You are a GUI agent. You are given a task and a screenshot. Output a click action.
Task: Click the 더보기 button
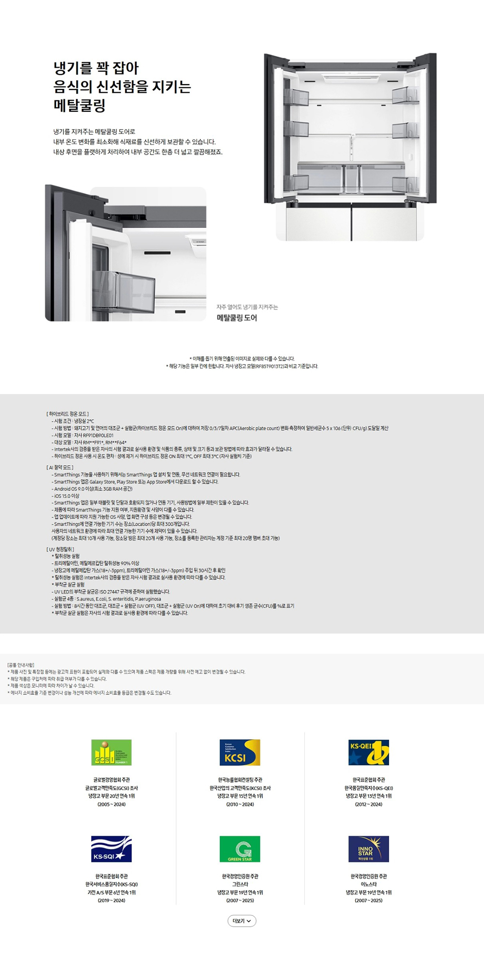coord(242,921)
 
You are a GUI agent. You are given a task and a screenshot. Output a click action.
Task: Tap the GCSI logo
coord(111,752)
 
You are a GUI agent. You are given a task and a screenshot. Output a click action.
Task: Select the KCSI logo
coord(240,752)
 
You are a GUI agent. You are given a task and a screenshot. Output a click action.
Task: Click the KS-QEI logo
coord(369,752)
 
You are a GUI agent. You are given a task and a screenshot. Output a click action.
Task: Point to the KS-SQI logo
coord(111,849)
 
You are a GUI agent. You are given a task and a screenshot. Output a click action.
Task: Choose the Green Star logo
coord(240,849)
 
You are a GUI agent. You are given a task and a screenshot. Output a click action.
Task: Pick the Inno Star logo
coord(369,849)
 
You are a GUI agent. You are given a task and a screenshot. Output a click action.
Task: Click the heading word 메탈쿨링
coord(79,105)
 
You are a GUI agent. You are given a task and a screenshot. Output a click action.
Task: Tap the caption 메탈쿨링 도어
coord(237,318)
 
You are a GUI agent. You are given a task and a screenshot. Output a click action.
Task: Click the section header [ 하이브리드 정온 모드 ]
coord(68,414)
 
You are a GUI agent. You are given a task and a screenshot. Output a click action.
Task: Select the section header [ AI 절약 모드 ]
coord(60,467)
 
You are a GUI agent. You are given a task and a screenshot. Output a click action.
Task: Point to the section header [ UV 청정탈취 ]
coord(60,549)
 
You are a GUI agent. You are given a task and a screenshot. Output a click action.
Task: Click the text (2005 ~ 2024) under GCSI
coord(111,804)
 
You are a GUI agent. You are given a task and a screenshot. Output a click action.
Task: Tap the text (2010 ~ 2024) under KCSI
coord(240,804)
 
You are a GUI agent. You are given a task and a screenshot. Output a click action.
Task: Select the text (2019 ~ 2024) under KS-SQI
coord(111,900)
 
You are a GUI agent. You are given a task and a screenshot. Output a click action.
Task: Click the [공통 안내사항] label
coord(21,665)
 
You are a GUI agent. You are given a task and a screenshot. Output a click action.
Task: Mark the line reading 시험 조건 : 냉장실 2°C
coord(74,421)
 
